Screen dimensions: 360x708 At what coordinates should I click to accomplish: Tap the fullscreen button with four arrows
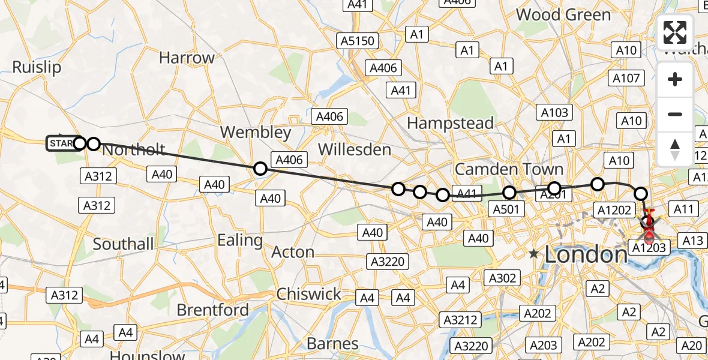click(x=675, y=32)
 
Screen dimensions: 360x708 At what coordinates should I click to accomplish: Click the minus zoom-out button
click(x=675, y=114)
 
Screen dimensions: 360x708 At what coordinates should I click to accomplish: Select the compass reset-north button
click(x=675, y=149)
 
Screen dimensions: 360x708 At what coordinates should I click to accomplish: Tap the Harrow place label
click(x=187, y=58)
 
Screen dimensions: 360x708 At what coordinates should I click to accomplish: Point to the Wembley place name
click(x=256, y=132)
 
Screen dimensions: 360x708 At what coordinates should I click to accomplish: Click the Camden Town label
click(x=509, y=169)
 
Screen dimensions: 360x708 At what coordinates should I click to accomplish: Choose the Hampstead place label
click(x=450, y=123)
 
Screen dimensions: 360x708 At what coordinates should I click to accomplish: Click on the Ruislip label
click(x=37, y=67)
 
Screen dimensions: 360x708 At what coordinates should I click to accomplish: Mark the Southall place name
click(x=123, y=244)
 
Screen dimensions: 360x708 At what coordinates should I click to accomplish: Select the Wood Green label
click(x=563, y=14)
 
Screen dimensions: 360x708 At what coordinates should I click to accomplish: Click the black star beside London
click(x=533, y=254)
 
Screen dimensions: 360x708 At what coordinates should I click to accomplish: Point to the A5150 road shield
click(x=358, y=41)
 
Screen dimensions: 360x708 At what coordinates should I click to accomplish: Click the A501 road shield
click(x=506, y=209)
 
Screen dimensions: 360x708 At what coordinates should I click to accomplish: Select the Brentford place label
click(x=213, y=310)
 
